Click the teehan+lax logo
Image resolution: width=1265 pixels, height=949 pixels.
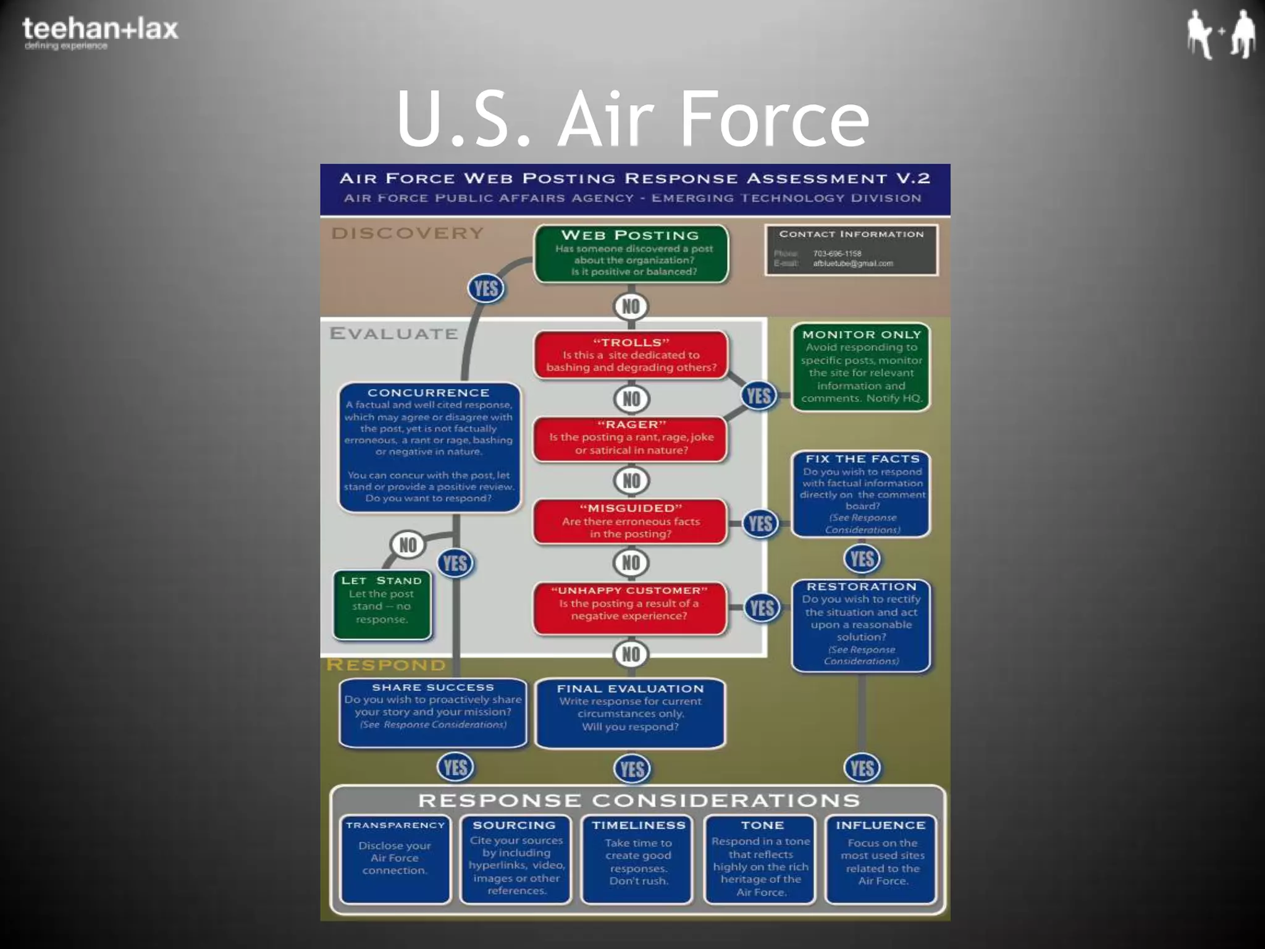[100, 33]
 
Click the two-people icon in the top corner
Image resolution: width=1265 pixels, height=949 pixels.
[1220, 34]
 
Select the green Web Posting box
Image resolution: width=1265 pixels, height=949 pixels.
[631, 254]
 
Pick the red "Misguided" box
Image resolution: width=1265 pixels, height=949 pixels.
[630, 521]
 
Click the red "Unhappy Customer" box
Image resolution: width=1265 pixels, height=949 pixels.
[629, 607]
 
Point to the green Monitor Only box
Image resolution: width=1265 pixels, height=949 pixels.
[861, 367]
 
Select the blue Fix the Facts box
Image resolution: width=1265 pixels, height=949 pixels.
[861, 494]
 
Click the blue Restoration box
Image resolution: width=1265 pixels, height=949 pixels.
[861, 625]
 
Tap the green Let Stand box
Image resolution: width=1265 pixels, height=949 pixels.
[382, 604]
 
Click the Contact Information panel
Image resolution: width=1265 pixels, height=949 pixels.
[851, 250]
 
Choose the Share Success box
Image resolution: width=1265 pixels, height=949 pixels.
[433, 712]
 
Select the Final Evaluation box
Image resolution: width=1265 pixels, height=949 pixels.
[630, 713]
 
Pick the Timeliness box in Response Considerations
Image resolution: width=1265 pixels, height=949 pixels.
[638, 859]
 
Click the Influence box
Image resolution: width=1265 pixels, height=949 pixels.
[881, 859]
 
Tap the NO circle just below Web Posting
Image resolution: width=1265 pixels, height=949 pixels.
[631, 306]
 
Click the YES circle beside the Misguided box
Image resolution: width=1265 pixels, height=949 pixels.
[760, 524]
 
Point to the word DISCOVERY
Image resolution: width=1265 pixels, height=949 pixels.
[408, 234]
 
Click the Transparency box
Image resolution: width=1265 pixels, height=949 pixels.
[395, 859]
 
